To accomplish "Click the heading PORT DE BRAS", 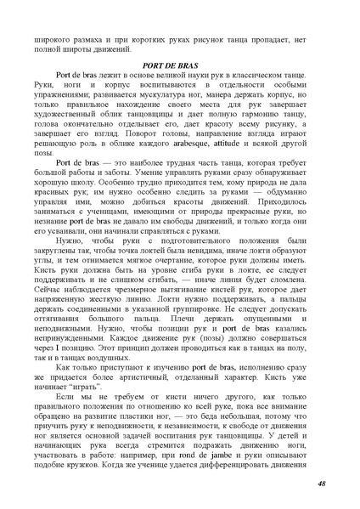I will (x=179, y=65).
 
